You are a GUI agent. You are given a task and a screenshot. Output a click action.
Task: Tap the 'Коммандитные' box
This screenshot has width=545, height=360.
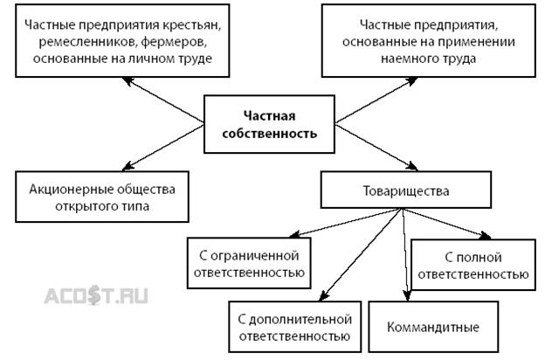[x=432, y=328]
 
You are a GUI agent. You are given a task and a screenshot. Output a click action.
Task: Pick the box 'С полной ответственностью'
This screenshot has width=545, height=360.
[x=473, y=266]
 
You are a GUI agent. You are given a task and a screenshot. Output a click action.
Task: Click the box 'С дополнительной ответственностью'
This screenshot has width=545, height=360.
[x=293, y=326]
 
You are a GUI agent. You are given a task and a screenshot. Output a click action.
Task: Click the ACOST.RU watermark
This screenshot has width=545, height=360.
[x=97, y=295]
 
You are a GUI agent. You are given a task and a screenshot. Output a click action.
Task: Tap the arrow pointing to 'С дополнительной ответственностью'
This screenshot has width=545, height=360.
[x=358, y=253]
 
